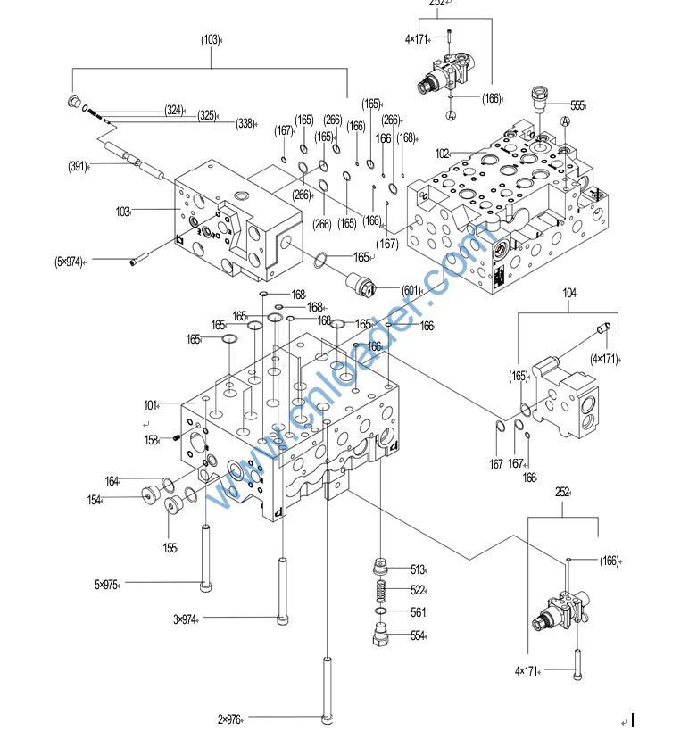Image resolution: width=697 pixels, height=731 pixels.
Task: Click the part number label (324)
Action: click(174, 111)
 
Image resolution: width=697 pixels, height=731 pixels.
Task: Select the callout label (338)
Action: click(246, 124)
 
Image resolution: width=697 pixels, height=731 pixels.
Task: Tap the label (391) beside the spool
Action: click(78, 166)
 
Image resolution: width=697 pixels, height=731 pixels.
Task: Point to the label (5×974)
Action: click(69, 262)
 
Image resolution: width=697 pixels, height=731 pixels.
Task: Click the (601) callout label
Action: click(411, 289)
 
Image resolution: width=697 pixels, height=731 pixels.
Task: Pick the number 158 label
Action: click(152, 439)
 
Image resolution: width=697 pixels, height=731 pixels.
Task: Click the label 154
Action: click(94, 501)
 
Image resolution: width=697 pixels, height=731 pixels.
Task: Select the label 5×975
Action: click(106, 585)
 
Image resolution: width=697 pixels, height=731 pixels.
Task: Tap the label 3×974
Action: click(185, 619)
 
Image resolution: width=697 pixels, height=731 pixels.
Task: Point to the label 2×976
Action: click(229, 719)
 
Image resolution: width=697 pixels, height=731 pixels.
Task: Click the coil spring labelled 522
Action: click(379, 590)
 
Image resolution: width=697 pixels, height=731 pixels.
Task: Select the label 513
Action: click(418, 569)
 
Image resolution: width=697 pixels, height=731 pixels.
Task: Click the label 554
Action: click(418, 635)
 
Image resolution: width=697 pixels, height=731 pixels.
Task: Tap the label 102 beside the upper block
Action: click(442, 153)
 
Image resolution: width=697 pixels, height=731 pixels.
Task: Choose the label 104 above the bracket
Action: click(569, 293)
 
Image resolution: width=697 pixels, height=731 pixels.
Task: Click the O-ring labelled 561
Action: click(379, 612)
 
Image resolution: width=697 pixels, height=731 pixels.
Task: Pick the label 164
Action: click(112, 482)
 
